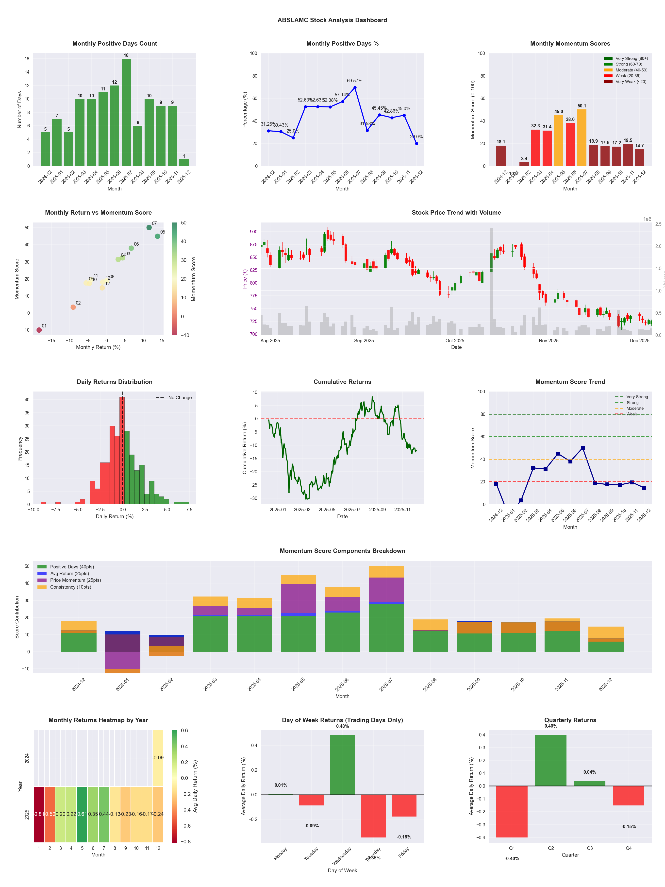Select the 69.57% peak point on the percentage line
click(x=355, y=87)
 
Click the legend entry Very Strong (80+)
click(x=631, y=59)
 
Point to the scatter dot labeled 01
click(x=39, y=330)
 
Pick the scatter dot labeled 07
click(x=149, y=227)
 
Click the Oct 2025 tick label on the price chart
click(x=455, y=341)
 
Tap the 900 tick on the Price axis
click(x=253, y=232)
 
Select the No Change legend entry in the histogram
click(x=180, y=398)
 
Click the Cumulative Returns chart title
click(x=342, y=382)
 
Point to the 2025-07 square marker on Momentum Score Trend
click(x=582, y=448)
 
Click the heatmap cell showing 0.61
click(x=82, y=814)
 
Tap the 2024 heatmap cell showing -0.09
click(x=158, y=758)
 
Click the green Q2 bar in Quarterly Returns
click(x=550, y=760)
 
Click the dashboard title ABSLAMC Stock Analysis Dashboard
click(x=332, y=20)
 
